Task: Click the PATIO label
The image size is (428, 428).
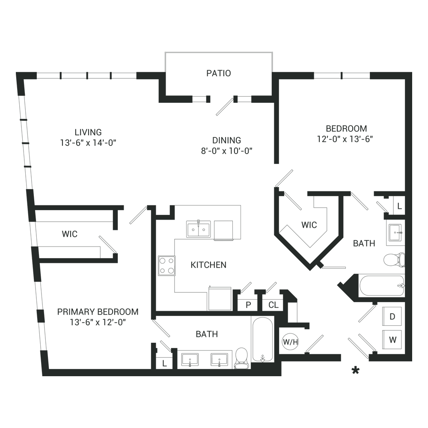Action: (x=219, y=73)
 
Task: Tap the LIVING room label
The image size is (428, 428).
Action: (x=88, y=132)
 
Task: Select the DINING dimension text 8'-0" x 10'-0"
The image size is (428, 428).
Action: (x=226, y=151)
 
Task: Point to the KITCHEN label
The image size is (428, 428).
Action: (x=208, y=265)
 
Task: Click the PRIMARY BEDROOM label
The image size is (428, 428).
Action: (x=98, y=312)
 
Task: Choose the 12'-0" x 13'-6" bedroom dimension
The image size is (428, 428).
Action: (x=345, y=139)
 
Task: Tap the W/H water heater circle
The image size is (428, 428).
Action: (x=291, y=342)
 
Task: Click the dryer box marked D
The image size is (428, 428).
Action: (x=392, y=316)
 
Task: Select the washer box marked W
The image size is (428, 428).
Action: (x=392, y=339)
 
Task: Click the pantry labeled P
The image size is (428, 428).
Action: (x=248, y=305)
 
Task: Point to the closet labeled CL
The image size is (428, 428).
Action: (x=273, y=305)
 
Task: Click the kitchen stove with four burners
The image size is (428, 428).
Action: (x=167, y=266)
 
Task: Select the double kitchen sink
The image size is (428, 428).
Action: (x=199, y=229)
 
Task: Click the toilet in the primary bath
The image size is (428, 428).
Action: (x=241, y=358)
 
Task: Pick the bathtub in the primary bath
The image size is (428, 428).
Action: (x=263, y=339)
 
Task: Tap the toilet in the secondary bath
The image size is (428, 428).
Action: (x=394, y=260)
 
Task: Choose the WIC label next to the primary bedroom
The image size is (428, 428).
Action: (x=70, y=234)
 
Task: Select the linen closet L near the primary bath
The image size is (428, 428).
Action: (x=164, y=363)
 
